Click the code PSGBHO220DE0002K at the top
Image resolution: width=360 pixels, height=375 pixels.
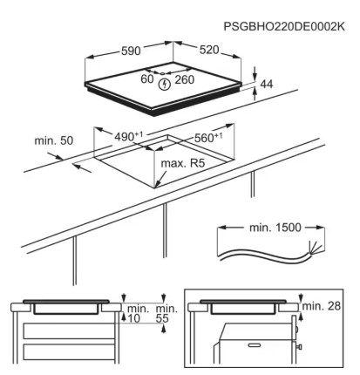pos(284,26)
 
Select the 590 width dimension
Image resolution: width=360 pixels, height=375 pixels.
pos(131,51)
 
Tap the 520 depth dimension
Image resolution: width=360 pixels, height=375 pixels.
pos(209,50)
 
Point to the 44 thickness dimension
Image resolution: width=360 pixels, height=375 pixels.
pos(267,84)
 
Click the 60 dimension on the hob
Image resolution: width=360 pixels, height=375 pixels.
pos(147,78)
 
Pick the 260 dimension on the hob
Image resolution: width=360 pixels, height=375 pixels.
pos(184,79)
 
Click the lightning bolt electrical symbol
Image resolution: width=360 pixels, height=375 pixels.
pos(164,85)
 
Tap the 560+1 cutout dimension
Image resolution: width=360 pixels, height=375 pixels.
pos(208,137)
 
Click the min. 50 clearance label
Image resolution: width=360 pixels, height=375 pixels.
pos(54,140)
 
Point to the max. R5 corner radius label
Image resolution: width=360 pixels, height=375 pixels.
pos(183,163)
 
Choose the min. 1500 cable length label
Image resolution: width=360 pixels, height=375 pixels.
pos(275,228)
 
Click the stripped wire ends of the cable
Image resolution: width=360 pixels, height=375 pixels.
pos(316,248)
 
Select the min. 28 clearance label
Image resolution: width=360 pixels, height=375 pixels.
pos(322,305)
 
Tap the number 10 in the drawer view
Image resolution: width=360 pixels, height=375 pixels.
pos(133,318)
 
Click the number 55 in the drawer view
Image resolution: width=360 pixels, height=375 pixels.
pos(162,318)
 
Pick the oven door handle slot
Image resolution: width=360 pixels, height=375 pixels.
pos(255,345)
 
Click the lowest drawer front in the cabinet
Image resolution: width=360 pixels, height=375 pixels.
pos(69,352)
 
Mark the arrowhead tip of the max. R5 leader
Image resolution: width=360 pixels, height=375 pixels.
pos(156,187)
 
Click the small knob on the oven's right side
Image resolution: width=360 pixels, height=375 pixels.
pos(299,346)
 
